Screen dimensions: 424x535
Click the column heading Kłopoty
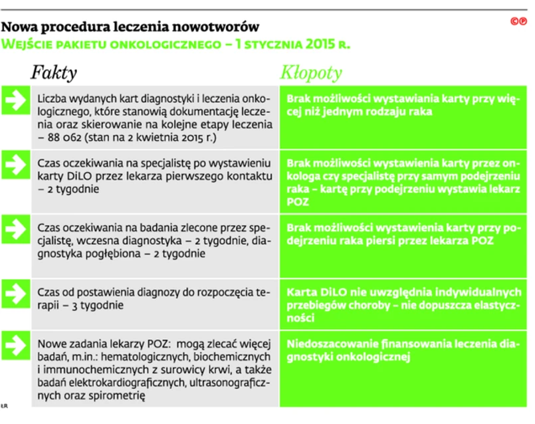coord(311,72)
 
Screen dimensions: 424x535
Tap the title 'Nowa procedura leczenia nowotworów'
coord(131,28)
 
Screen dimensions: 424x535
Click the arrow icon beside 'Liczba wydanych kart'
coord(14,99)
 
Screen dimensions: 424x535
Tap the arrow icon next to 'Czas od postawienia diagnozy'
coord(14,291)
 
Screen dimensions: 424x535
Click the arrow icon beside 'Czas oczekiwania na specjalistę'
coord(14,161)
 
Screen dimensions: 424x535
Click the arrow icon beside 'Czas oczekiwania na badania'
coord(14,225)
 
